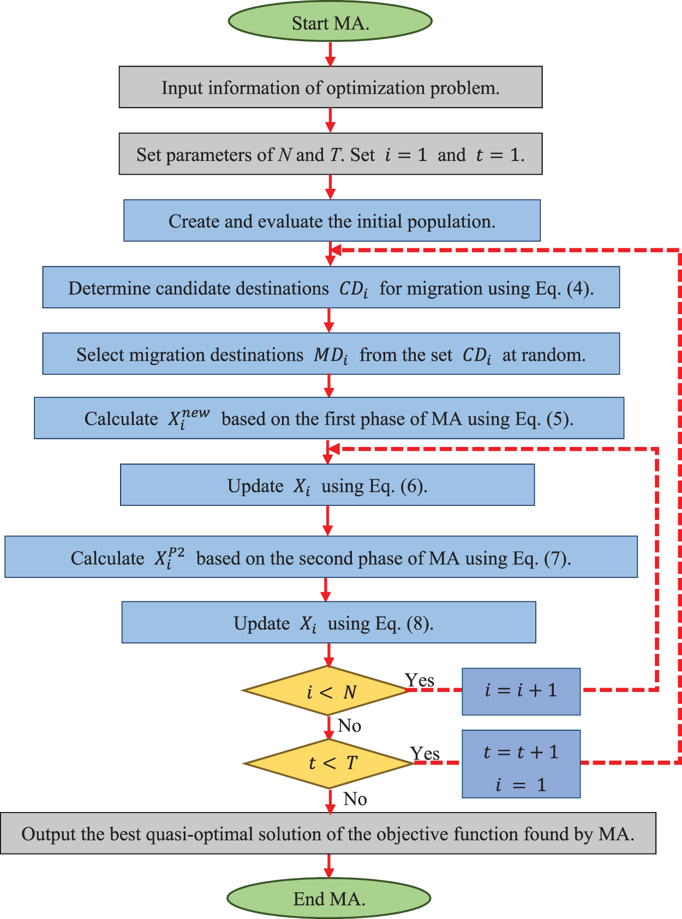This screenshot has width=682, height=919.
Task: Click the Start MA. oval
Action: point(330,22)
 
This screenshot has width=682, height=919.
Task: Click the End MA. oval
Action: point(329,898)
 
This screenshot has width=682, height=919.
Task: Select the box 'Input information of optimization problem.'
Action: point(331,87)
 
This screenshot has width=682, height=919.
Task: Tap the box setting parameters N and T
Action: point(331,154)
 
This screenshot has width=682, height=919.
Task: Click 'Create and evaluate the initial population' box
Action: point(332,221)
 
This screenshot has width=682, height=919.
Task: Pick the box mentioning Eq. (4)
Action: point(331,288)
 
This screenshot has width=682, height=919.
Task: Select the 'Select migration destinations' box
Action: point(331,354)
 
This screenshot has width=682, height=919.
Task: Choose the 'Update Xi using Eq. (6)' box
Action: point(327,485)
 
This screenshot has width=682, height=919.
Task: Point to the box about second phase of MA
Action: point(321,557)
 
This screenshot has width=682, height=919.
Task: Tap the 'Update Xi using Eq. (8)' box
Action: point(328,623)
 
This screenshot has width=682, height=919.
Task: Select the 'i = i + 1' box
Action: point(521,691)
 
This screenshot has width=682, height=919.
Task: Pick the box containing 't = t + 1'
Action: point(521,764)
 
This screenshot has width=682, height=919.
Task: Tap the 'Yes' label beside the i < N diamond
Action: point(419,680)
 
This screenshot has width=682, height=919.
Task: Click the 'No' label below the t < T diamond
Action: point(355,799)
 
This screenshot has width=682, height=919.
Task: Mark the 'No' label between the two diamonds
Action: point(349,726)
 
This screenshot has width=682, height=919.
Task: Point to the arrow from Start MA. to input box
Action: point(330,53)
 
